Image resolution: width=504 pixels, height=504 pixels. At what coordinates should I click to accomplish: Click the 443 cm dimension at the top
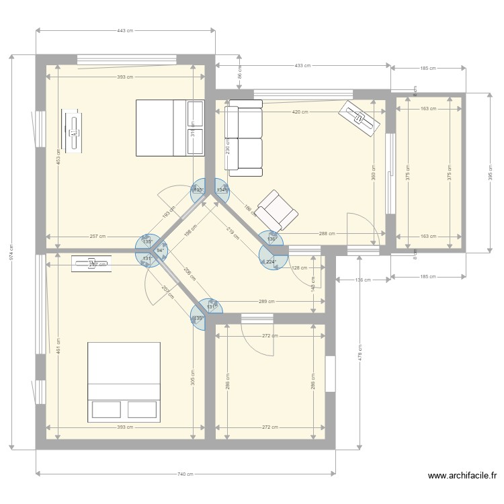[126, 31]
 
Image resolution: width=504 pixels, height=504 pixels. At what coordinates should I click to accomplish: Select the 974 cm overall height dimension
[11, 251]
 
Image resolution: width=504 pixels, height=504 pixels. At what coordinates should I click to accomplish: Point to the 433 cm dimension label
[302, 65]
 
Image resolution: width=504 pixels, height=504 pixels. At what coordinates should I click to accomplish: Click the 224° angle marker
[271, 261]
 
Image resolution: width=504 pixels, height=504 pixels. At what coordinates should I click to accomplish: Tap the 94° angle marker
[159, 250]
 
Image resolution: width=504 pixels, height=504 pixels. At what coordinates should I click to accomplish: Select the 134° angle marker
[220, 190]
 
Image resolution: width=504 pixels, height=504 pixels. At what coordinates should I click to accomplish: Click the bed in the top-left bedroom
[169, 128]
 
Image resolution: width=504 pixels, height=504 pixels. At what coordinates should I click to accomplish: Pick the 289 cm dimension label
[267, 302]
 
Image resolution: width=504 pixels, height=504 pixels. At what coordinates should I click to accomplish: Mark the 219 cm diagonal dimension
[233, 233]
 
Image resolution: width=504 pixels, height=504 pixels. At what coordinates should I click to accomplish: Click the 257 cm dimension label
[97, 237]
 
